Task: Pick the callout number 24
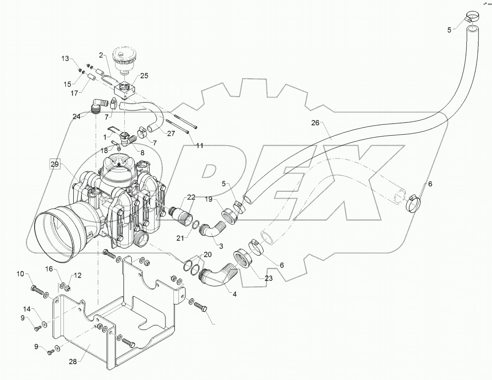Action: point(77,117)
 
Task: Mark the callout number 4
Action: point(234,294)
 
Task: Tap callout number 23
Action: point(269,278)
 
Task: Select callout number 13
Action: point(66,59)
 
